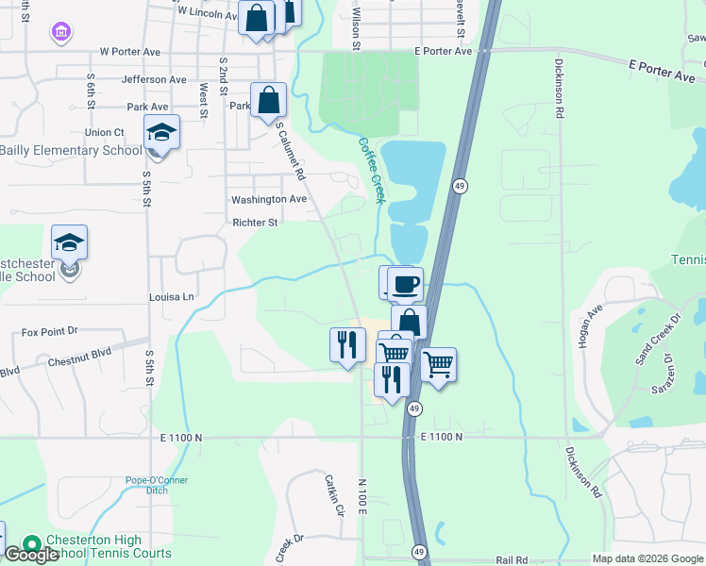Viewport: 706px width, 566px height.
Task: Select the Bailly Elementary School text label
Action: [71, 150]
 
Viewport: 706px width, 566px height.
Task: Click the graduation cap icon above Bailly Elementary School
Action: [161, 133]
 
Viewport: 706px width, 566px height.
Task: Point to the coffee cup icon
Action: [406, 283]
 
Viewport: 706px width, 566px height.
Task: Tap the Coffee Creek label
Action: [372, 171]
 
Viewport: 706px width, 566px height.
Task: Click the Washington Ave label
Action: [269, 200]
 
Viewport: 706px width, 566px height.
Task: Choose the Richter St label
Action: [255, 224]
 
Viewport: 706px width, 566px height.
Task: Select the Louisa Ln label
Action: [171, 297]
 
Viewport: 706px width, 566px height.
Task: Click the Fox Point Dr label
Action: [49, 333]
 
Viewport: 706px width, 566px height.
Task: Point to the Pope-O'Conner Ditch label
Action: [157, 485]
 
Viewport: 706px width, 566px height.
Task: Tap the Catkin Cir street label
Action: [331, 494]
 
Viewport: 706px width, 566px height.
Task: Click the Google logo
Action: [31, 555]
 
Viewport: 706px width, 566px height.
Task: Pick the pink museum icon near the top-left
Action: [61, 34]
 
